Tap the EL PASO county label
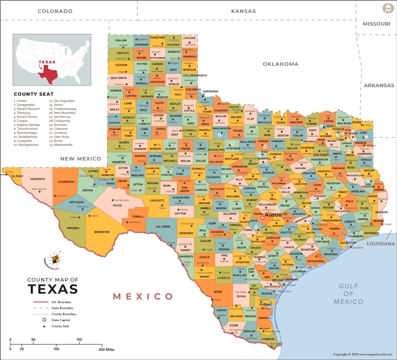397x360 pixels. tap(17, 176)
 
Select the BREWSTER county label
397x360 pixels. tap(102, 232)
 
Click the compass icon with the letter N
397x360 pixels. tap(387, 8)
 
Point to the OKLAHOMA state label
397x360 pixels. tap(280, 64)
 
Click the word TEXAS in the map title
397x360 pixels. tap(53, 289)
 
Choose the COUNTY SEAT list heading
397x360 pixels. tap(33, 94)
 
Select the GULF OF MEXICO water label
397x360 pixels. tap(348, 294)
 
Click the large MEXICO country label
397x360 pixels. tap(143, 296)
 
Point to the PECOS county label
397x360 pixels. tap(117, 205)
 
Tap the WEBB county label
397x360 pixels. tap(218, 291)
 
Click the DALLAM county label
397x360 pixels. tap(121, 40)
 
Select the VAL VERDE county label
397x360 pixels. tap(163, 226)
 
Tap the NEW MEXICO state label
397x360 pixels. tap(80, 159)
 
